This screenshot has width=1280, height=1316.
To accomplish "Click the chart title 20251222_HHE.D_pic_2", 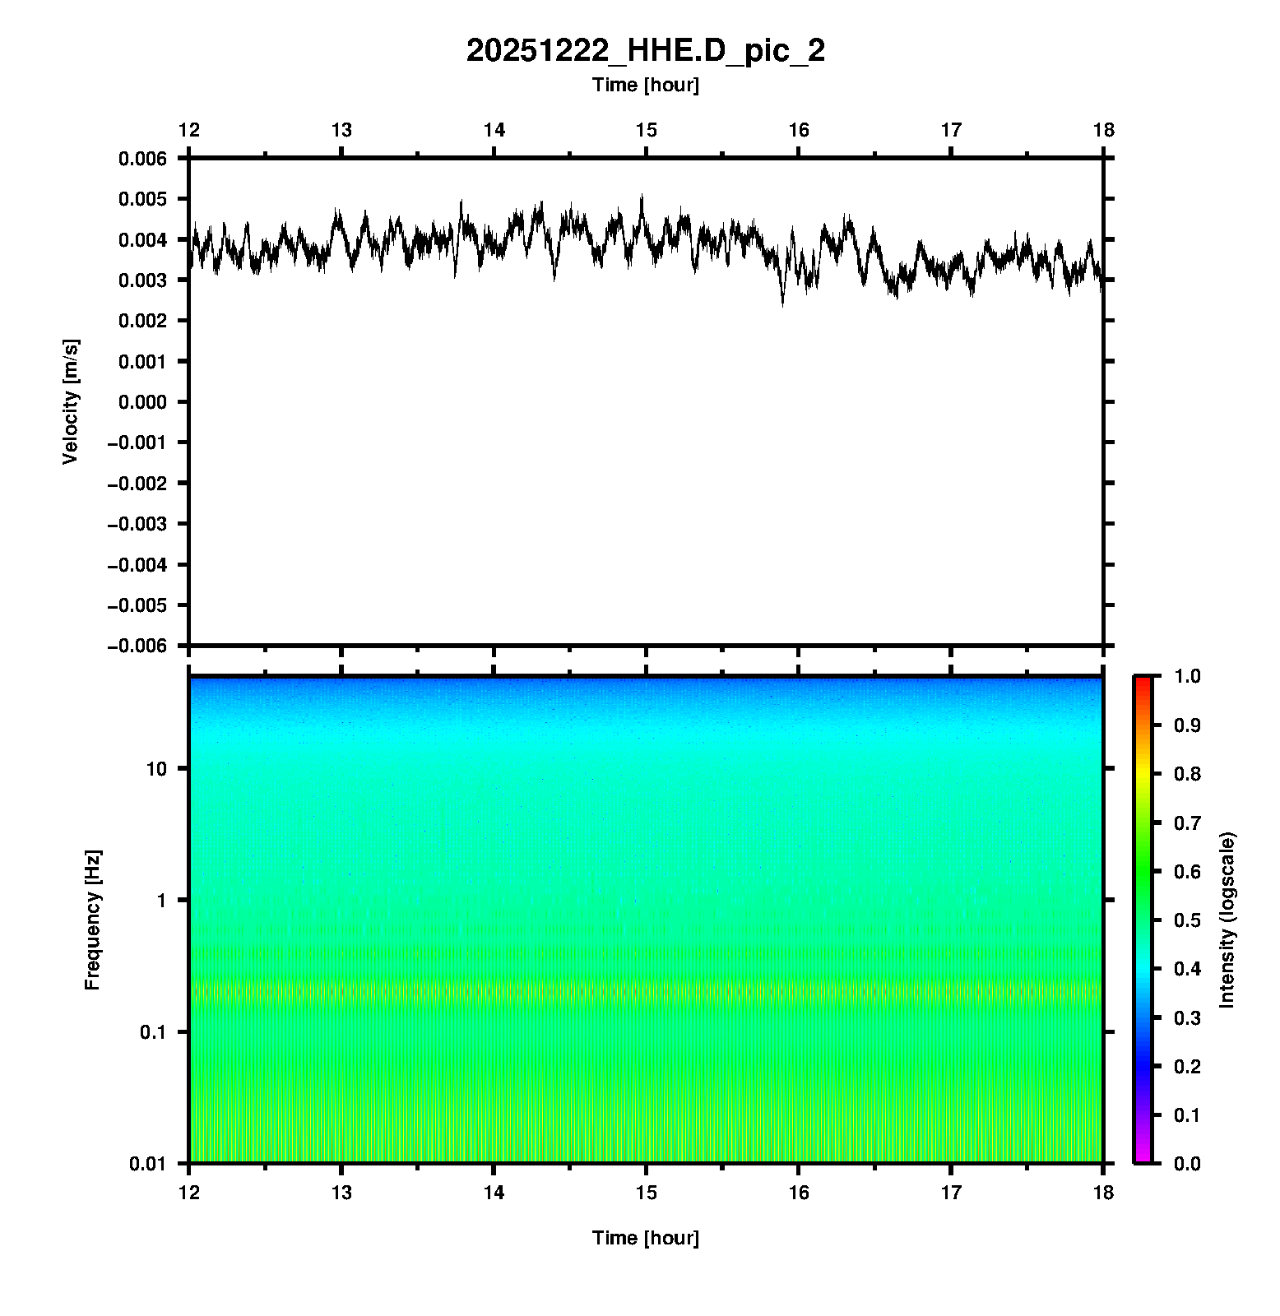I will click(x=645, y=51).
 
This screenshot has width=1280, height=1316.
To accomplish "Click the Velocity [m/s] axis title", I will click(x=71, y=401).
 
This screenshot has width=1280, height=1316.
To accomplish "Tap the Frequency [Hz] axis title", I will click(x=92, y=920).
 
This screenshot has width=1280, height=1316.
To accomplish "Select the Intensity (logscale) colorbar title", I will click(x=1227, y=920).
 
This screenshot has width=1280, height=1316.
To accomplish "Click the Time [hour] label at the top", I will click(x=645, y=85).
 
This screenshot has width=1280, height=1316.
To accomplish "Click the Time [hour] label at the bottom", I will click(x=645, y=1238).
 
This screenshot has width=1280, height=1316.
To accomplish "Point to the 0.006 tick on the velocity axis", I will click(x=142, y=159).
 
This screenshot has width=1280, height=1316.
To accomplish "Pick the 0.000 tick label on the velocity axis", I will click(x=142, y=402).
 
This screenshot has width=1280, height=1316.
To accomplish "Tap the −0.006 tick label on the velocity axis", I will click(x=137, y=646).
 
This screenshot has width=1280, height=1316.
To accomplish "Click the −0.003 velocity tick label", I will click(x=137, y=524).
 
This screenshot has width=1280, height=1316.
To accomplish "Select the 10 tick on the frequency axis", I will click(x=156, y=769).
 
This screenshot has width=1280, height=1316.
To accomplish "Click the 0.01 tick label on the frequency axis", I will click(x=148, y=1163).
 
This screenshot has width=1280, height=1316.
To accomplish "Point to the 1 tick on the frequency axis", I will click(x=160, y=901).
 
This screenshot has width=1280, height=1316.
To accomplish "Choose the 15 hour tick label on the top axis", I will click(x=646, y=130).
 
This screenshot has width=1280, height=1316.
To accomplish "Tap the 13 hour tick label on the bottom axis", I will click(x=341, y=1193).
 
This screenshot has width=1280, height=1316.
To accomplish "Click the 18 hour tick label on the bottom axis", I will click(x=1103, y=1193).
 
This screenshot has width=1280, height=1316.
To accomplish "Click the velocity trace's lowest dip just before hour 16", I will click(x=782, y=304).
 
